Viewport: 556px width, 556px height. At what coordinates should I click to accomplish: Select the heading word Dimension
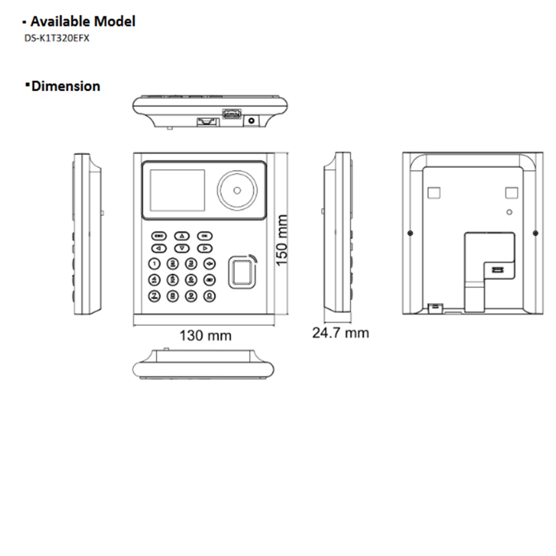(66, 86)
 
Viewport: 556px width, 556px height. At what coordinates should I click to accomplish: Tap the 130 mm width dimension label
(205, 336)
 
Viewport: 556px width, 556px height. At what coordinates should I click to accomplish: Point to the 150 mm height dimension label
(282, 240)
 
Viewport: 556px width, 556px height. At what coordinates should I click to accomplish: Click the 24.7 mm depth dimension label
(340, 333)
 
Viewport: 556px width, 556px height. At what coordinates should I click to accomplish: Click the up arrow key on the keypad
(182, 236)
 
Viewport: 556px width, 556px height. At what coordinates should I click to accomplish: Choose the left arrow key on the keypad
(159, 249)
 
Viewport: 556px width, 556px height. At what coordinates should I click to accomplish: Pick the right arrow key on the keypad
(205, 249)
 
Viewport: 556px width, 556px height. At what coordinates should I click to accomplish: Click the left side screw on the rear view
(410, 232)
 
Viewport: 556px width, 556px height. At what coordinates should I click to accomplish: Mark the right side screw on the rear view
(535, 232)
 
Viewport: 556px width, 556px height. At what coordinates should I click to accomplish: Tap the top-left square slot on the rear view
(433, 192)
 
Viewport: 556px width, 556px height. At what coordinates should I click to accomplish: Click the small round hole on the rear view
(509, 212)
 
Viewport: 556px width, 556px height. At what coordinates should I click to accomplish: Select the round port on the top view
(252, 120)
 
